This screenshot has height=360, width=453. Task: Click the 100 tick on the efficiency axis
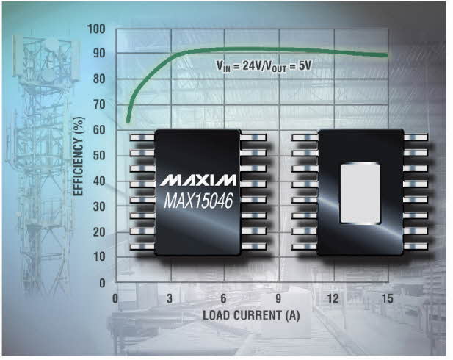tap(96, 29)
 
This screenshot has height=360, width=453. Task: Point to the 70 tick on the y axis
tap(99, 104)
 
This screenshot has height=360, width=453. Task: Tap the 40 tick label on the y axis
tap(99, 181)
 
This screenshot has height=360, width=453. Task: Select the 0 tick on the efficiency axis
tap(102, 283)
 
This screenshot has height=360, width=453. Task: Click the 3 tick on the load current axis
tap(170, 298)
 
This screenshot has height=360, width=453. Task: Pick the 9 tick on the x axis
tap(278, 298)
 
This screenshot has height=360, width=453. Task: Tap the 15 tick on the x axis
tap(388, 298)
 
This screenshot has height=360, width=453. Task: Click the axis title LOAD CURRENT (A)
tap(251, 315)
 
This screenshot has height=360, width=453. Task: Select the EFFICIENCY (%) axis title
tap(79, 156)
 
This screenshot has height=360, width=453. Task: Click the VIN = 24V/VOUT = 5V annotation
tap(264, 67)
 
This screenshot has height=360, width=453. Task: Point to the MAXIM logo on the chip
tap(198, 180)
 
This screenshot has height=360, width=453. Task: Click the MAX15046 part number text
tap(198, 201)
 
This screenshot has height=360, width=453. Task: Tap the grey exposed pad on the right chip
tap(360, 193)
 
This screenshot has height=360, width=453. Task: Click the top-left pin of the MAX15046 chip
tap(142, 137)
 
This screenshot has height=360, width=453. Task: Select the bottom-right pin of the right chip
tap(416, 247)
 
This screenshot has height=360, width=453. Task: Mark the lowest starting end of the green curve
tap(128, 123)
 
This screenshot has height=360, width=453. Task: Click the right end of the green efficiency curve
tap(387, 55)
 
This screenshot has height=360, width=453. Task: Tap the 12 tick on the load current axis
tap(333, 298)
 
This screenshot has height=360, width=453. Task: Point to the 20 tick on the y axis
tap(99, 232)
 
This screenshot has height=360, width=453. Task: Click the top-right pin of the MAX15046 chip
tap(253, 137)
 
